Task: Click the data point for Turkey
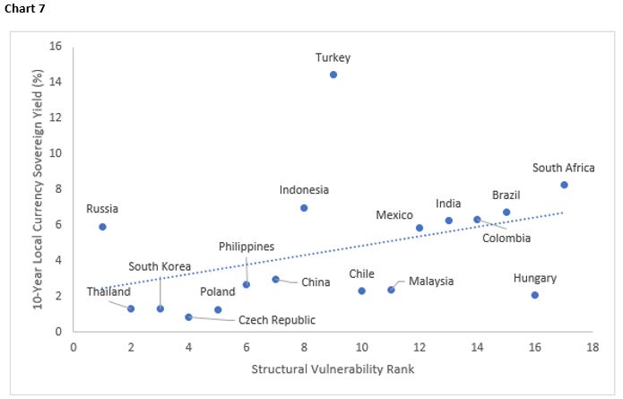tap(333, 74)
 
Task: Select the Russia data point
tap(102, 227)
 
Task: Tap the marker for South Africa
tap(564, 185)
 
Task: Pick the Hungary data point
tap(535, 295)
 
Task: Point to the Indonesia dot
tap(304, 208)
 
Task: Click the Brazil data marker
tap(506, 213)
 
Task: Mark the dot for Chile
tap(362, 291)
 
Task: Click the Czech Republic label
tap(276, 320)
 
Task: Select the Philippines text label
tap(247, 247)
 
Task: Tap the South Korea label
tap(160, 266)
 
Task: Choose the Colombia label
tap(506, 238)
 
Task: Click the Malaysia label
tap(431, 282)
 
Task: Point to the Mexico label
tap(394, 215)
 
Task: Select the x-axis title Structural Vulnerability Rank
tap(333, 369)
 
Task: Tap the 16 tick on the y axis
tap(56, 47)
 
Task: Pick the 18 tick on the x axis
tap(593, 347)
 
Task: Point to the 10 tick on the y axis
tap(56, 153)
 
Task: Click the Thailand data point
tap(131, 308)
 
